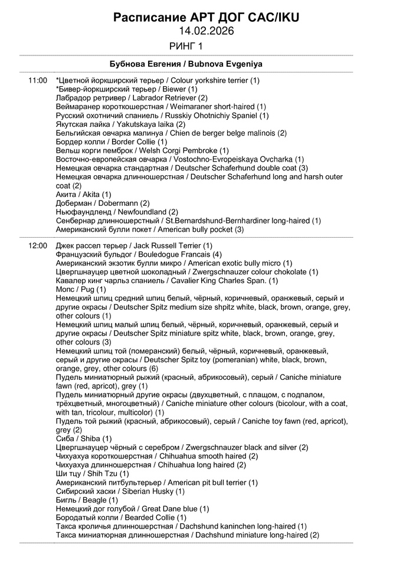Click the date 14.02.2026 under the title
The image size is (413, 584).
click(206, 31)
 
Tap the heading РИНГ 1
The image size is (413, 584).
click(185, 46)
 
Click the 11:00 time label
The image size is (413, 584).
click(37, 80)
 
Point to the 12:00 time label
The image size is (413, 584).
click(37, 245)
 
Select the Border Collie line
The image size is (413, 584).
click(112, 142)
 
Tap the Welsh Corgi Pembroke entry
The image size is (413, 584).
click(142, 150)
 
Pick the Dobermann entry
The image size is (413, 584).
click(103, 203)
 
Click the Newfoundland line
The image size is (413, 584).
click(117, 212)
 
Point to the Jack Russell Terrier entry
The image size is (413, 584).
click(134, 245)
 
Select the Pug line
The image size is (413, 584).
click(81, 289)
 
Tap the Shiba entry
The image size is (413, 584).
click(83, 438)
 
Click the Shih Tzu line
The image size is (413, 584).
click(92, 474)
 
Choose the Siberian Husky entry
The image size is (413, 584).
click(120, 491)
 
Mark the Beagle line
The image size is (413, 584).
click(87, 500)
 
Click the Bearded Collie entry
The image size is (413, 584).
click(121, 517)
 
